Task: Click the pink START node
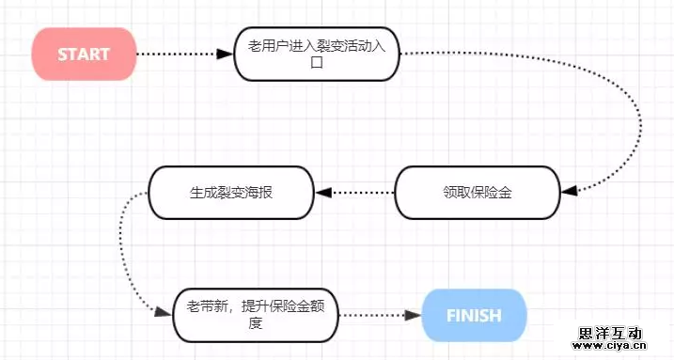[84, 54]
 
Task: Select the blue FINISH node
[474, 316]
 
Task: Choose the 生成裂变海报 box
[230, 193]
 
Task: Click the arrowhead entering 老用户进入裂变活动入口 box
[225, 54]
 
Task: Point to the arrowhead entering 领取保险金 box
[567, 191]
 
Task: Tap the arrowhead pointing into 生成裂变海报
[323, 193]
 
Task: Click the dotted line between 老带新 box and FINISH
[371, 316]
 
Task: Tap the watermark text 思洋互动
[610, 333]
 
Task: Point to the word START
[84, 54]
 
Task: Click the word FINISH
[474, 316]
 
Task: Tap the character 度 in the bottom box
[255, 325]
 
